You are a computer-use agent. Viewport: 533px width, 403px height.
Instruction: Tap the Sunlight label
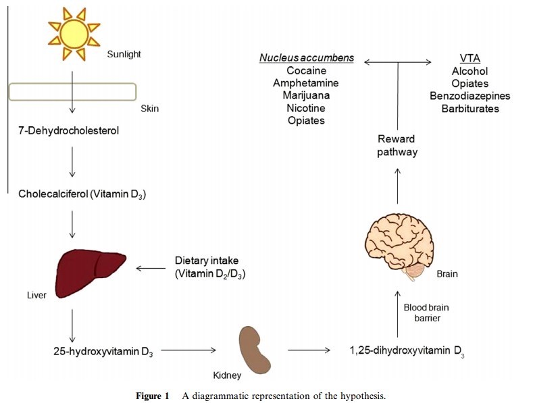click(124, 55)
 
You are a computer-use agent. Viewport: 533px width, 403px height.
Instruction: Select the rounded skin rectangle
click(72, 91)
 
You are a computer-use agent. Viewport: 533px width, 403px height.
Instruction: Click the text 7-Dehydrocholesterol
click(68, 130)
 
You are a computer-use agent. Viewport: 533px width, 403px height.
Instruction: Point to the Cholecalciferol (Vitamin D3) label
click(82, 194)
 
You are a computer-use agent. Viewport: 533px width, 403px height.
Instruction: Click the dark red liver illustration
click(91, 270)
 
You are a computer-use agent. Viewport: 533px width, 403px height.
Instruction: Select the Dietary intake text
click(207, 260)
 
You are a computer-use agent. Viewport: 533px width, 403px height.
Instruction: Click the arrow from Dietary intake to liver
click(151, 268)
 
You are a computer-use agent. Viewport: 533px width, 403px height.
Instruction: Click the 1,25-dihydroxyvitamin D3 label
click(407, 351)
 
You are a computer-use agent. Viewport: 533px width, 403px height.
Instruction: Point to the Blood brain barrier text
click(426, 312)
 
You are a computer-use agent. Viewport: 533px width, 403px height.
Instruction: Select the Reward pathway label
click(397, 146)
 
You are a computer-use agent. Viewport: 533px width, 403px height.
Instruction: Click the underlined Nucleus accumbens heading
click(306, 58)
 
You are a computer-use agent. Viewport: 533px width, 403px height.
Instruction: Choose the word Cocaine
click(306, 71)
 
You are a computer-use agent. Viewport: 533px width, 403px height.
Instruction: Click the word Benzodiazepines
click(469, 96)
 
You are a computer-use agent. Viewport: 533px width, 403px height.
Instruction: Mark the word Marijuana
click(306, 95)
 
